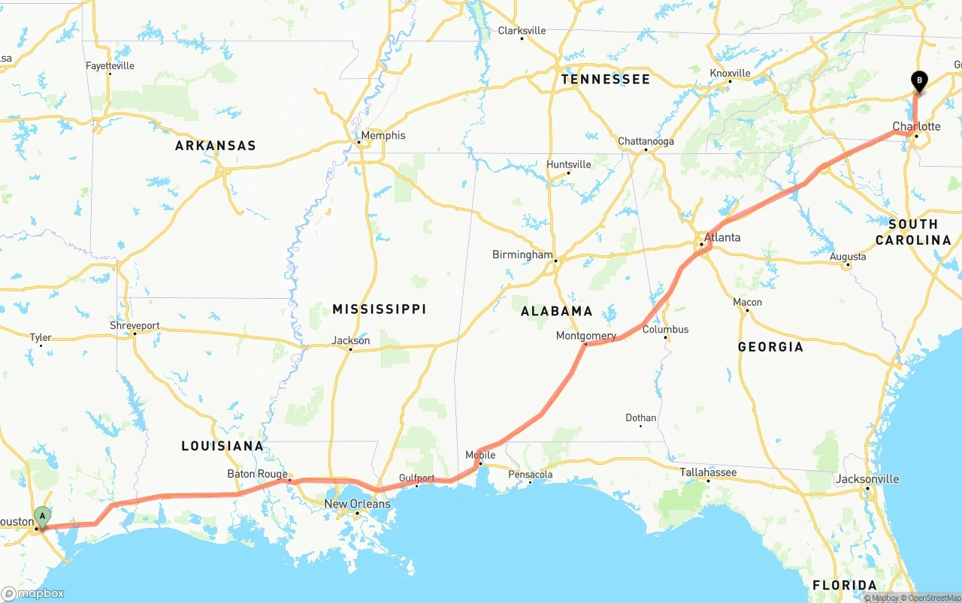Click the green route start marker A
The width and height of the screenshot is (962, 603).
[43, 516]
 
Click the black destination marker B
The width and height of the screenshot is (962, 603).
[918, 80]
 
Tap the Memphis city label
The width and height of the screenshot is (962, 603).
[383, 136]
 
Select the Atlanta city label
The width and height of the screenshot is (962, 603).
[721, 237]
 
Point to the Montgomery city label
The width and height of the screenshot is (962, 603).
[585, 336]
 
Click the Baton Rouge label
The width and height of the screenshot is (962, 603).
[257, 474]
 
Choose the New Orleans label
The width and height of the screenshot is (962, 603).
[357, 504]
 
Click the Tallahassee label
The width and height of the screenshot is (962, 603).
[708, 472]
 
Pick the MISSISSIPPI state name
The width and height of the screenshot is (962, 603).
[379, 309]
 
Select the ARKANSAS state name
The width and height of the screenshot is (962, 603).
[216, 146]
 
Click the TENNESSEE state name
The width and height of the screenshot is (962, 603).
[605, 80]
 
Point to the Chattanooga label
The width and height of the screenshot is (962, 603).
[646, 141]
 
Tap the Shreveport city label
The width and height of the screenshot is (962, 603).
[135, 326]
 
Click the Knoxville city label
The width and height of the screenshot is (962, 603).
[730, 73]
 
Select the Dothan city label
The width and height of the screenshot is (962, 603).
[640, 418]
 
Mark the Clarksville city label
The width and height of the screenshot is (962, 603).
[522, 31]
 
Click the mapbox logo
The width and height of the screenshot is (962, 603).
[33, 594]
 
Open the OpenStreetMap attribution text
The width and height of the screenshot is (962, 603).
[934, 598]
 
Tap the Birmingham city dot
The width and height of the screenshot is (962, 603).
[555, 261]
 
